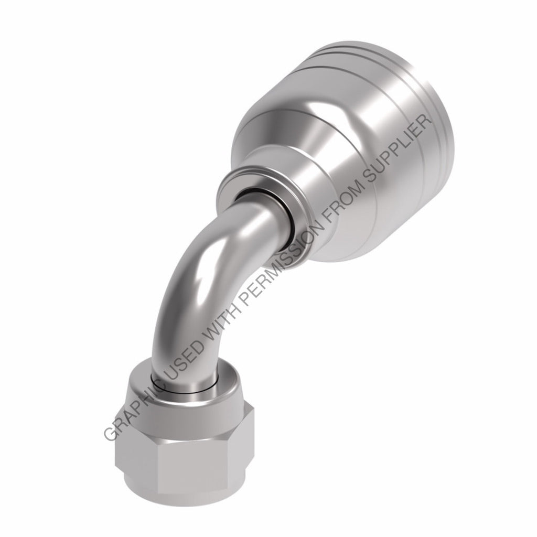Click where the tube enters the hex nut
coord(181,380)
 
